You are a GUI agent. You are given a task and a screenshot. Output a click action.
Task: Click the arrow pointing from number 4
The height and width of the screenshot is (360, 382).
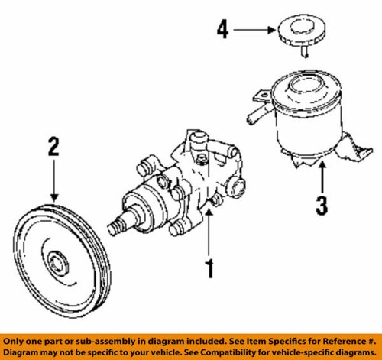[x=252, y=31]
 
